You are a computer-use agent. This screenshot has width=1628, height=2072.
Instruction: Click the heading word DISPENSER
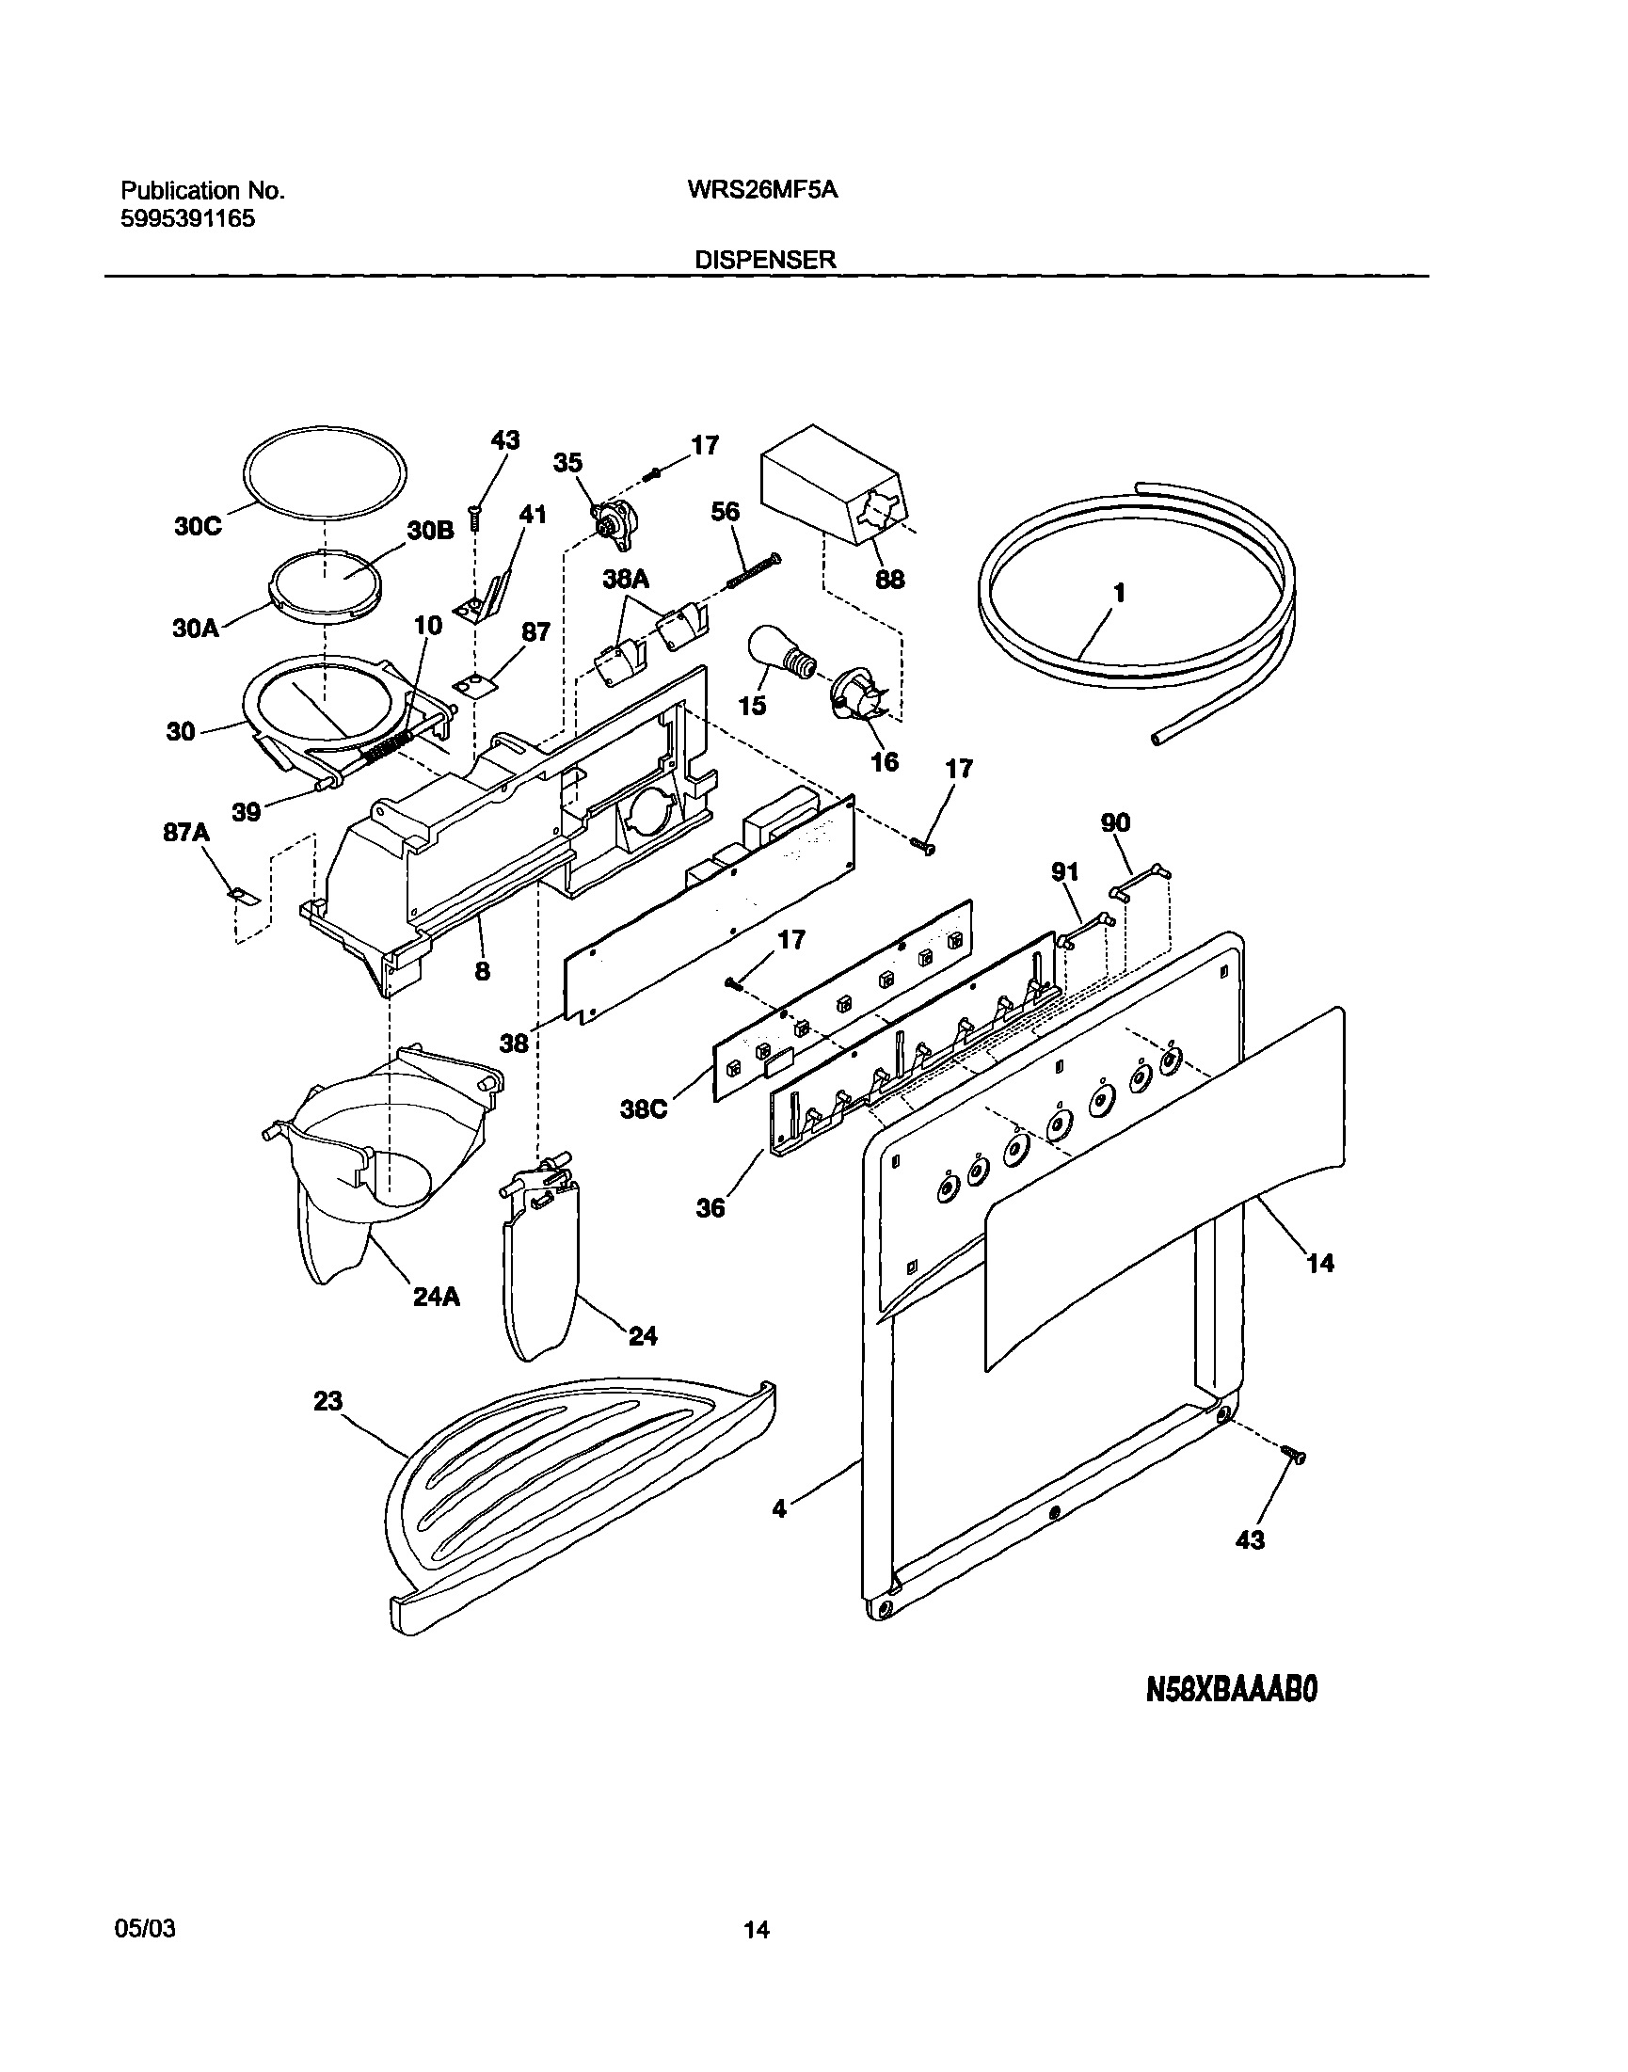point(765,260)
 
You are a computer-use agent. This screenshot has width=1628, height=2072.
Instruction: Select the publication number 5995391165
point(187,219)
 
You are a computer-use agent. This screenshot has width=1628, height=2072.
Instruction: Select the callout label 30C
point(198,526)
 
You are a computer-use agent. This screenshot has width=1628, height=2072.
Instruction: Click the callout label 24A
point(437,1298)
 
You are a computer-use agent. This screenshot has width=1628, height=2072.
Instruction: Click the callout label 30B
point(430,532)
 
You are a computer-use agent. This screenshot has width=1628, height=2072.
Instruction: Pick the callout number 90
point(1115,822)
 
